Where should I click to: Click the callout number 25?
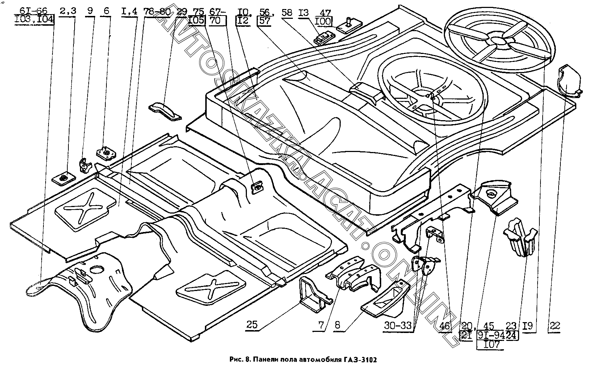252,324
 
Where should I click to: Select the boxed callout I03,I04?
35,20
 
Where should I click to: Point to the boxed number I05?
197,20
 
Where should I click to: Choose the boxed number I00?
322,22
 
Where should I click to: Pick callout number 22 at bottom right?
554,325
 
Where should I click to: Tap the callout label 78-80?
157,12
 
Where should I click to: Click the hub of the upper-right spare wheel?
500,41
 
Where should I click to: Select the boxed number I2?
243,20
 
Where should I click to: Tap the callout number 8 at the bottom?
338,325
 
